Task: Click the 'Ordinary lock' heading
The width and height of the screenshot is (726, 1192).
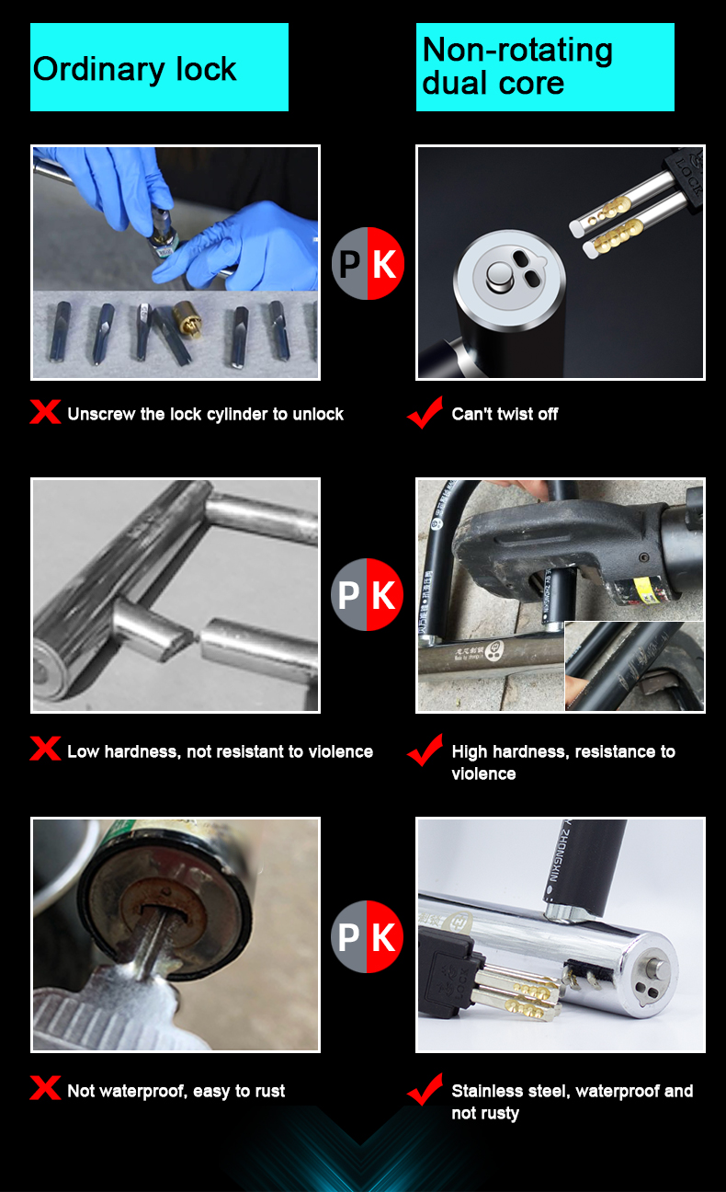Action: pos(134,70)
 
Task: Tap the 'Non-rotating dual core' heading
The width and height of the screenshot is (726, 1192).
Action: pos(517,66)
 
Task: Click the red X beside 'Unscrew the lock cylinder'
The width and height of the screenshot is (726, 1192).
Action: pos(45,412)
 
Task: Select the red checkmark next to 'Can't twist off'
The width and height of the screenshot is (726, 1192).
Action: pos(425,412)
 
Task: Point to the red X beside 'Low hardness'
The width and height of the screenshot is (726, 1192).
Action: pos(45,749)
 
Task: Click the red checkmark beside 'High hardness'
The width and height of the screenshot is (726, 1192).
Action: pos(425,750)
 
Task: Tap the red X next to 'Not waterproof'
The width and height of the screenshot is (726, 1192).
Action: pos(45,1088)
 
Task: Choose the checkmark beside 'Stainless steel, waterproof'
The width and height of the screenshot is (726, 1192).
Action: pos(425,1089)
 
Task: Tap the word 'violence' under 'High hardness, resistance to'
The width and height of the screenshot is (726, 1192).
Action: pos(483,774)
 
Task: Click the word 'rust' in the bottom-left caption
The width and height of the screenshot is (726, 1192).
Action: pos(271,1091)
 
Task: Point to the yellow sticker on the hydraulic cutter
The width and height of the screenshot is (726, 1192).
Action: pos(643,590)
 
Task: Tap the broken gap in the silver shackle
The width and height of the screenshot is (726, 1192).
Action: pos(195,636)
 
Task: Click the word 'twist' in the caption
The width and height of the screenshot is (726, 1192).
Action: pos(513,414)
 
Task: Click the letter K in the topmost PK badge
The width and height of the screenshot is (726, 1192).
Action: pos(384,264)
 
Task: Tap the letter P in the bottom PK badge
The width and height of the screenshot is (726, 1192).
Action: pos(348,937)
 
